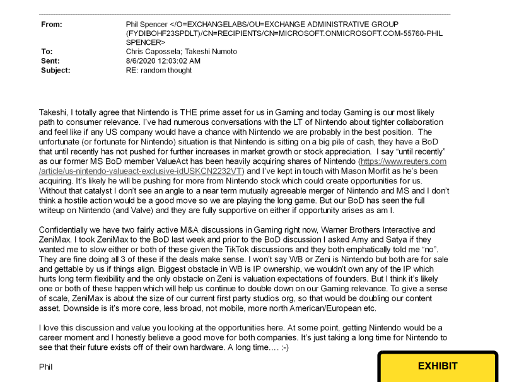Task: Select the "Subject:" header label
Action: [x=55, y=70]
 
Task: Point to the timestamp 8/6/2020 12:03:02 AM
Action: [x=163, y=61]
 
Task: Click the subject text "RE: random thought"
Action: [x=159, y=70]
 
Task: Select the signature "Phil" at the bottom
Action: [x=46, y=366]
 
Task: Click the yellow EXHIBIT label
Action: [x=438, y=366]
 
